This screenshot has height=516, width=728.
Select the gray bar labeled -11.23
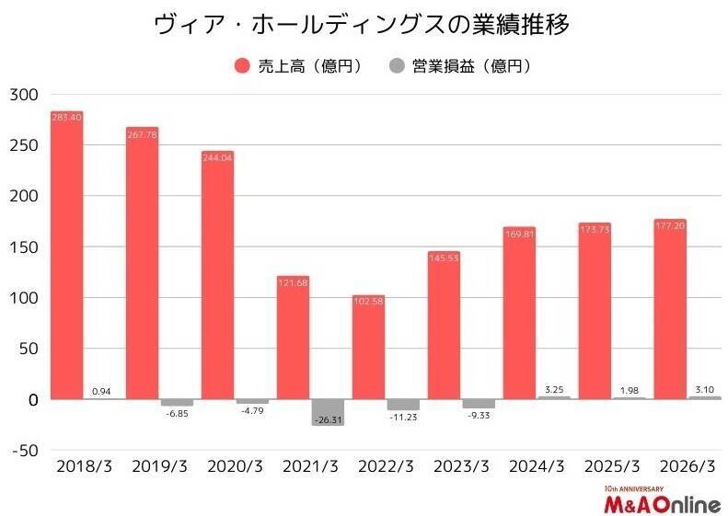pos(402,405)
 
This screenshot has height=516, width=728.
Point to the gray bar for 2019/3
pos(176,403)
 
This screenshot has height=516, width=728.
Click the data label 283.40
pos(66,117)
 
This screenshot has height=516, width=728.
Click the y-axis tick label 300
pos(25,95)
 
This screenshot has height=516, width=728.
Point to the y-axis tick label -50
pos(25,451)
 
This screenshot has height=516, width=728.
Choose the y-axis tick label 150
pos(25,247)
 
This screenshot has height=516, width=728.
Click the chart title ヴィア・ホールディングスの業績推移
pos(362,25)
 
